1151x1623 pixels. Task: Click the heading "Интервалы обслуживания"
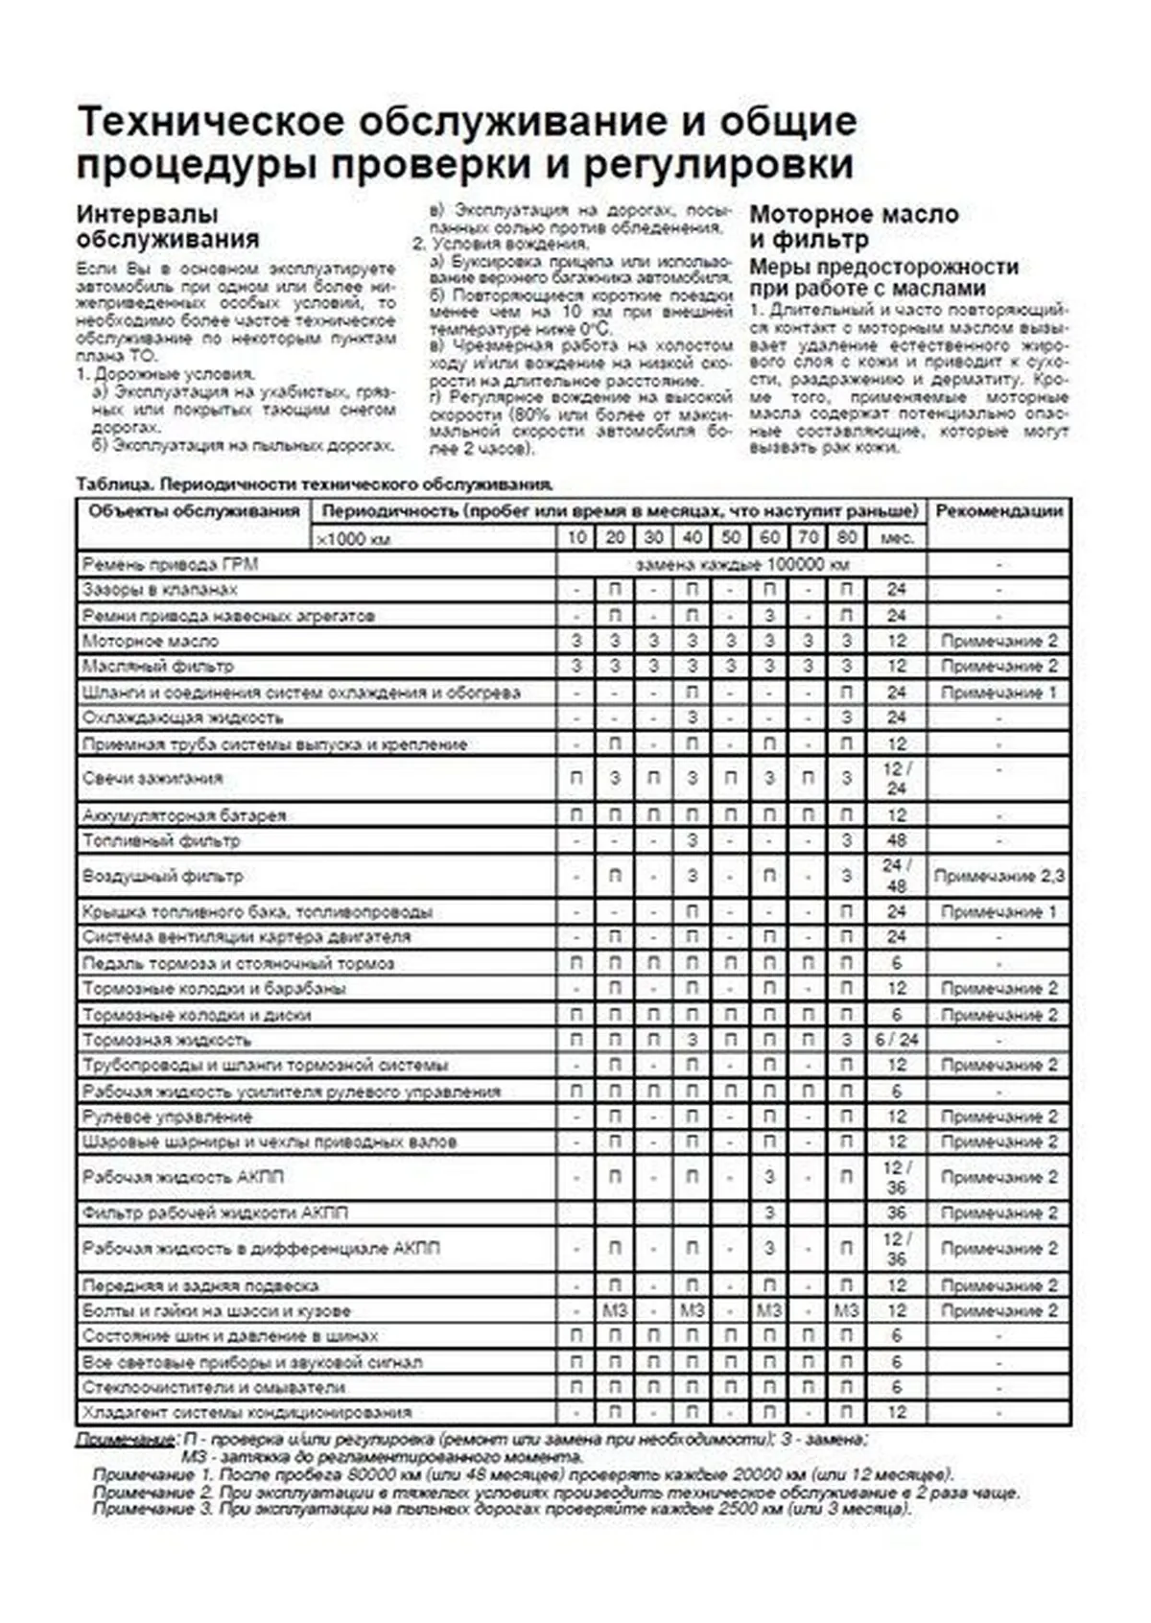168,226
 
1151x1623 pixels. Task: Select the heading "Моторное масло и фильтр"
854,226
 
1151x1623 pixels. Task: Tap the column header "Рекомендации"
998,511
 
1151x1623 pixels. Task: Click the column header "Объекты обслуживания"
194,511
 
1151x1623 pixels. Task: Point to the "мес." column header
897,538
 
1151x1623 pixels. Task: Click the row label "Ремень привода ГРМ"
170,564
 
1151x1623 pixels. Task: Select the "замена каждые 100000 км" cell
742,564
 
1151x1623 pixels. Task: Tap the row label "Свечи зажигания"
153,778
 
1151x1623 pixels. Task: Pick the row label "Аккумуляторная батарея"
184,815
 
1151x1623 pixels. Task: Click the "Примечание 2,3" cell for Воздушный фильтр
998,876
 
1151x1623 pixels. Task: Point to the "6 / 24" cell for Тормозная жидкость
897,1040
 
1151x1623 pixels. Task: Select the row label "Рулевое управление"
167,1117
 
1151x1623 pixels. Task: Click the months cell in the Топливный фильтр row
897,841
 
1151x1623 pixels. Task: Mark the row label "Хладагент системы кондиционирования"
247,1412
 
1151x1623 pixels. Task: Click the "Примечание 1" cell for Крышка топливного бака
998,911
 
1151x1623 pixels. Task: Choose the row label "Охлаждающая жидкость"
182,717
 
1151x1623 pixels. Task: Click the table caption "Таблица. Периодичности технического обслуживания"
315,484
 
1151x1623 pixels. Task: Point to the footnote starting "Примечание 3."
499,1509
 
